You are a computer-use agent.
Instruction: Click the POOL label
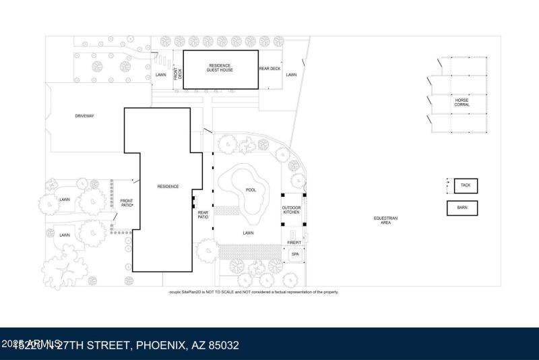tap(251, 190)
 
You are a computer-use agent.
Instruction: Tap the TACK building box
tap(465, 185)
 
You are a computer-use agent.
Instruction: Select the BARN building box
tap(462, 208)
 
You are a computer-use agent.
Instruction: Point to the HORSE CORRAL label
tap(462, 102)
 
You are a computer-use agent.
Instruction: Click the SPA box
tap(295, 254)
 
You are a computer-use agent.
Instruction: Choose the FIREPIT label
tap(294, 241)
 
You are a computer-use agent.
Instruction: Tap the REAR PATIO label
tap(203, 215)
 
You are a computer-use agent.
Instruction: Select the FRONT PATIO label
tap(126, 203)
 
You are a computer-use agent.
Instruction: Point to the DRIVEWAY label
tap(85, 116)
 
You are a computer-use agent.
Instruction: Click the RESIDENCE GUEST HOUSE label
tap(220, 68)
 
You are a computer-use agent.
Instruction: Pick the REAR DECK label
tap(269, 68)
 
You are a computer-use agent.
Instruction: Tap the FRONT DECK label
tap(179, 74)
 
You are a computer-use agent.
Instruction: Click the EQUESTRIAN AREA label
tap(386, 220)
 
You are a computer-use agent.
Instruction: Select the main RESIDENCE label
tap(168, 186)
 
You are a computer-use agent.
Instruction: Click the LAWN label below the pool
tap(249, 233)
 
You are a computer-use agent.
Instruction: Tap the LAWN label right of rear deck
tap(291, 75)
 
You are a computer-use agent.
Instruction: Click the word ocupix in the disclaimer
tap(177, 292)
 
